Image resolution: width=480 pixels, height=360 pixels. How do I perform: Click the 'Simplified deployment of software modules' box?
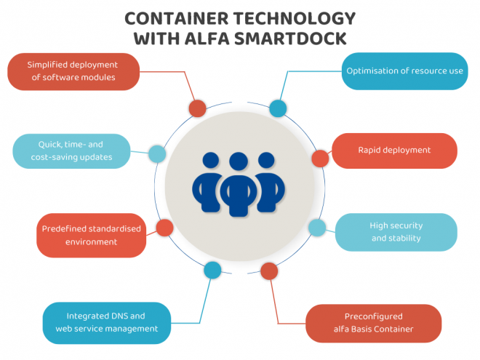click(x=72, y=71)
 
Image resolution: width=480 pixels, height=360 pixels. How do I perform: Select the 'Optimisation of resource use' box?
click(x=404, y=71)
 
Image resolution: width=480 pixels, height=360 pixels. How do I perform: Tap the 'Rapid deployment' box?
click(x=394, y=151)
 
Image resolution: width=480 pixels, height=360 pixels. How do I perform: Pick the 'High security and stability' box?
click(x=396, y=232)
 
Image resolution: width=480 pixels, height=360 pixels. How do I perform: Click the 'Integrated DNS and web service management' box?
click(x=106, y=322)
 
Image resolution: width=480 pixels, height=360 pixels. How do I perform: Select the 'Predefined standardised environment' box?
click(x=90, y=235)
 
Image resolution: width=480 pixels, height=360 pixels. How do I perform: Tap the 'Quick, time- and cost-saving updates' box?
click(x=71, y=151)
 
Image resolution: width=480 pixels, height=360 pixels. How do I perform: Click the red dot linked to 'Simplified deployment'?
click(x=197, y=109)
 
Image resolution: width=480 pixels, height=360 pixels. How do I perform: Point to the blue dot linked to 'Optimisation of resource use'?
click(x=278, y=109)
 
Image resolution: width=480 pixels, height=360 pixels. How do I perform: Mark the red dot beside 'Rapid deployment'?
click(x=320, y=158)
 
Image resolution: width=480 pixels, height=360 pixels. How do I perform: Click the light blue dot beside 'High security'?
click(x=317, y=228)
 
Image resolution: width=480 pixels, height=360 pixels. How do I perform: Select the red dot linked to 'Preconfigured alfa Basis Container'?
click(x=269, y=271)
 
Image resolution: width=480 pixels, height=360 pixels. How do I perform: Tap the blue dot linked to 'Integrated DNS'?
click(x=212, y=271)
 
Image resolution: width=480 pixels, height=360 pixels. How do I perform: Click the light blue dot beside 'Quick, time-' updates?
click(x=156, y=154)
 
